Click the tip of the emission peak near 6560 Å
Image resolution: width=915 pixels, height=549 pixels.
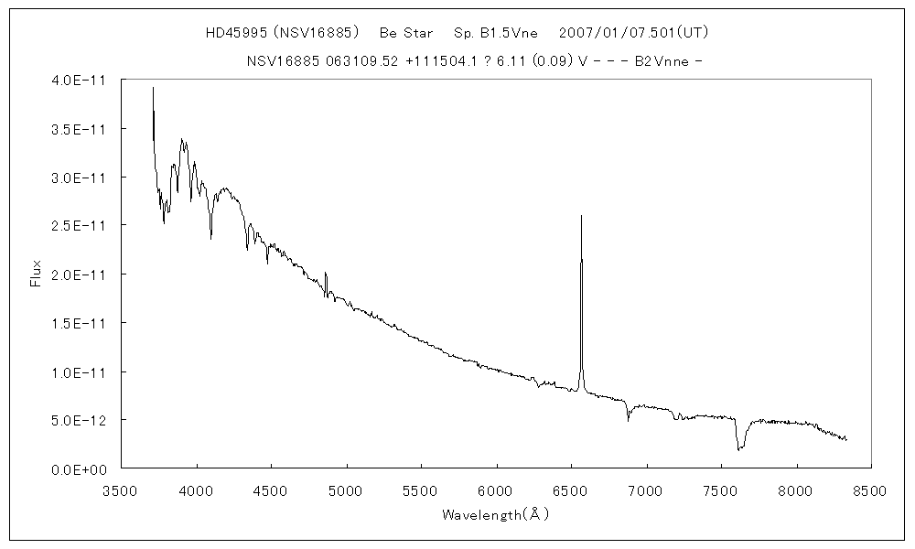(581, 217)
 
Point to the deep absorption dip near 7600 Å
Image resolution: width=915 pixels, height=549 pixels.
(739, 448)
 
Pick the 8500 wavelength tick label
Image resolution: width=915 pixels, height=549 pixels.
(870, 490)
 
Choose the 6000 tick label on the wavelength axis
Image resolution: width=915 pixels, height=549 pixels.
(496, 490)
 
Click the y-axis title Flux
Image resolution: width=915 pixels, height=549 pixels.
(37, 274)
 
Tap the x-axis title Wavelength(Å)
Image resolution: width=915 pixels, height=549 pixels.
(495, 515)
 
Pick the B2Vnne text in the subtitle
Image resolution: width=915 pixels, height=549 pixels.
(661, 61)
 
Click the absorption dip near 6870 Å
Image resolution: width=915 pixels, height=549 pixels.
(628, 417)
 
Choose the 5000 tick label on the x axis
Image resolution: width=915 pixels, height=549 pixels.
(346, 490)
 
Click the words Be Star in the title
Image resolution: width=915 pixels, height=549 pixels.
(406, 33)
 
